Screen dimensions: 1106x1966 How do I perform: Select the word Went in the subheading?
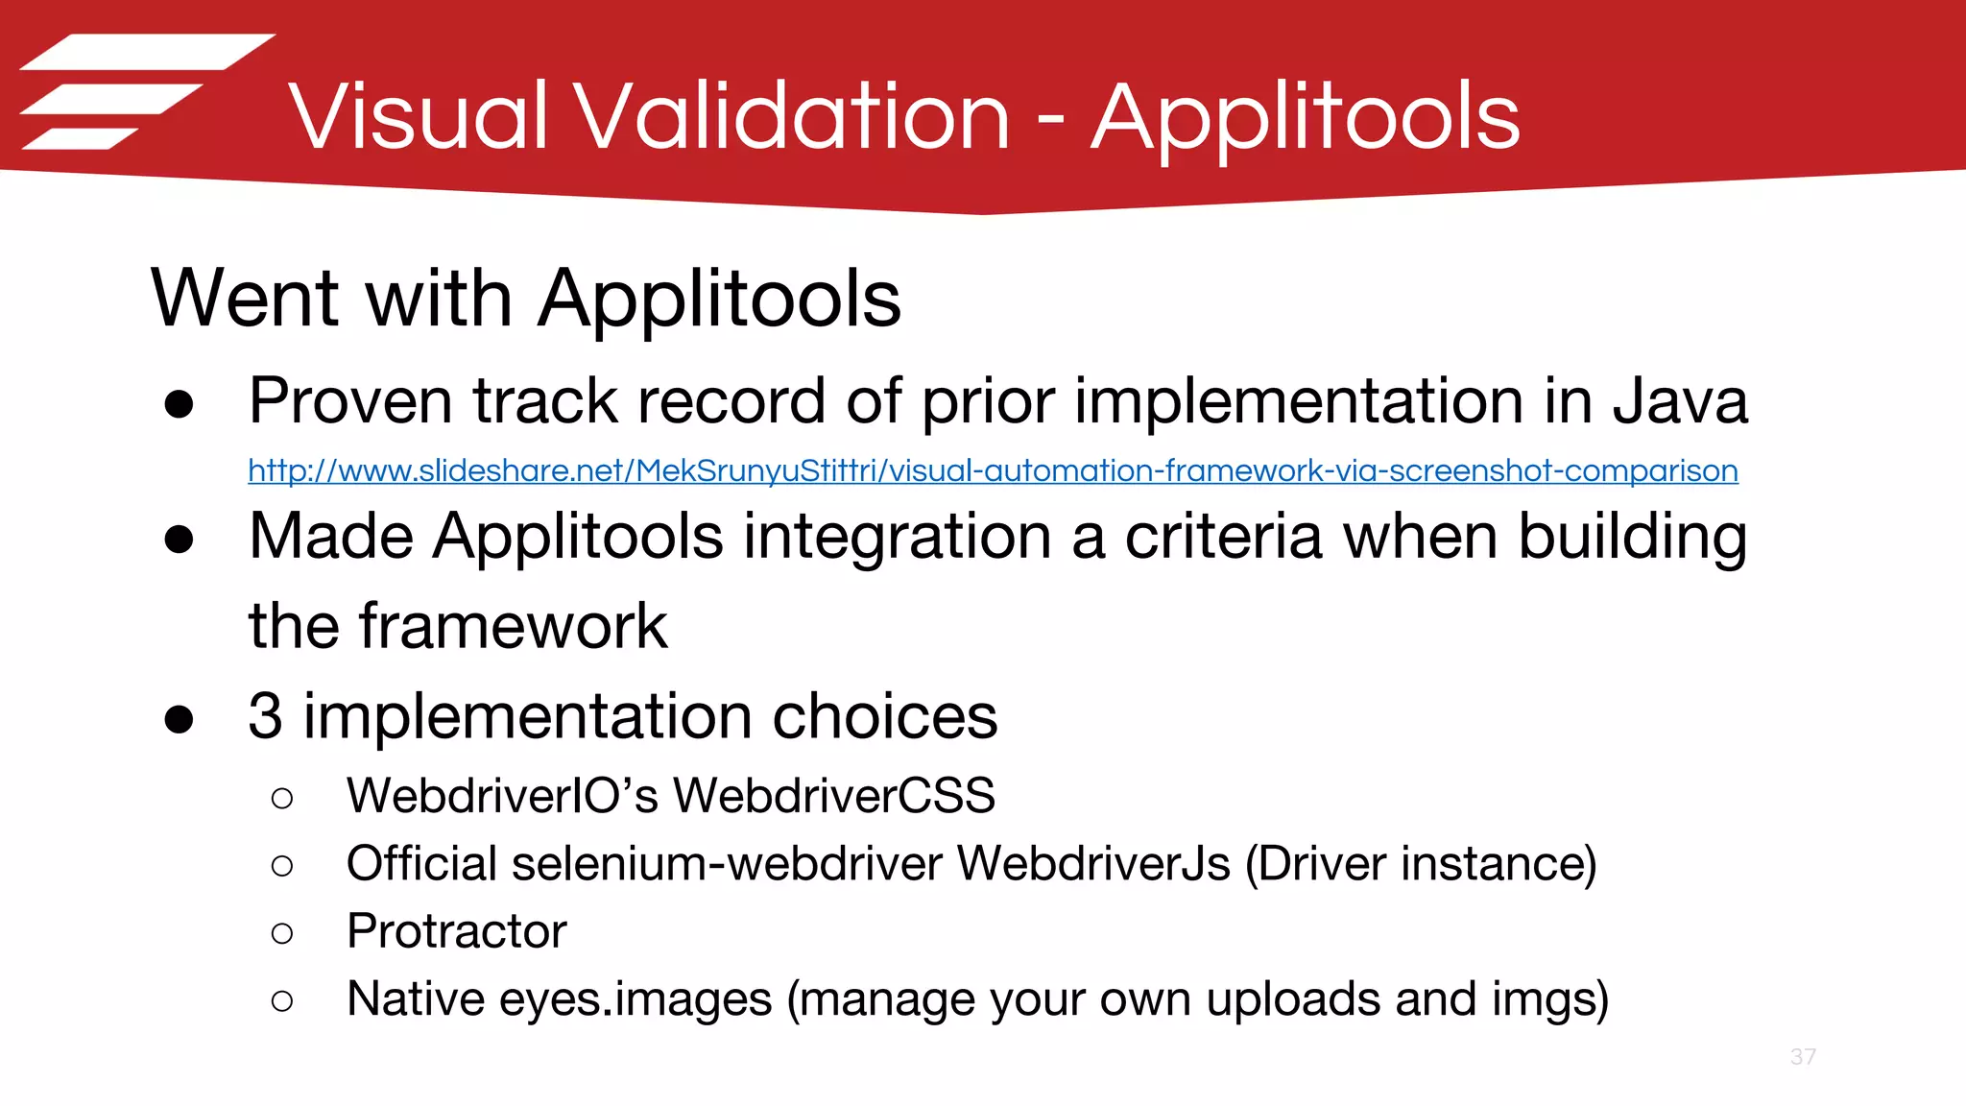click(x=245, y=299)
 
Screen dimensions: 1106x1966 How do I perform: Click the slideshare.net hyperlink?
click(x=993, y=470)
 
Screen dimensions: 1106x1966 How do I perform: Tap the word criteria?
click(x=1226, y=536)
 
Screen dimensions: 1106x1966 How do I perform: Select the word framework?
click(x=513, y=626)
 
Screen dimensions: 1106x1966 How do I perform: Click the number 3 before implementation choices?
click(x=265, y=716)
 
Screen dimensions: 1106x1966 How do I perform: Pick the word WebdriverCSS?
click(x=833, y=796)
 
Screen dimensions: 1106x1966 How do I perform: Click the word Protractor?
click(x=457, y=931)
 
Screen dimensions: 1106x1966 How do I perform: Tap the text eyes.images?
click(x=635, y=999)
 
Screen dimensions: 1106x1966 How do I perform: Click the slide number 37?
click(x=1803, y=1057)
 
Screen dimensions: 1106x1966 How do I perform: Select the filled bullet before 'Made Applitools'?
click(x=180, y=539)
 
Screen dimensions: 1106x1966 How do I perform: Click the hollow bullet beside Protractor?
click(x=282, y=933)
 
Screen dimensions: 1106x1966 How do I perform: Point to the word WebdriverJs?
click(x=1094, y=863)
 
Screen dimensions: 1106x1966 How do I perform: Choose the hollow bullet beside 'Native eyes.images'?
click(x=282, y=1001)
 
